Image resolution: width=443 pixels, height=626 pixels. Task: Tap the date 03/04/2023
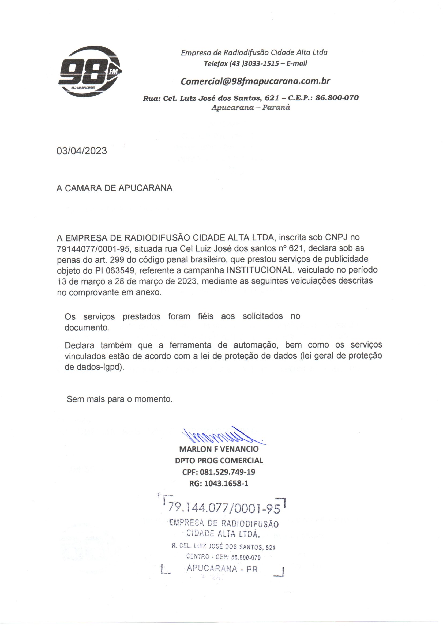pos(82,151)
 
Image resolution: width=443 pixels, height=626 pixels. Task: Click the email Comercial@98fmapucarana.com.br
pos(255,81)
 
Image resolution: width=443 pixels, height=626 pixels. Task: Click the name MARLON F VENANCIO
pos(219,449)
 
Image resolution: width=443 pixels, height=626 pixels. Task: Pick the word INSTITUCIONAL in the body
pos(260,270)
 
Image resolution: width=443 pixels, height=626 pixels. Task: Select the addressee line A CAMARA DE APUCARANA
pos(114,188)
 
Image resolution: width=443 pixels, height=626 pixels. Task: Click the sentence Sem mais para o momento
pos(119,399)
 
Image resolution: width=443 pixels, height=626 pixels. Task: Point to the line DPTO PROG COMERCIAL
pos(219,461)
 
